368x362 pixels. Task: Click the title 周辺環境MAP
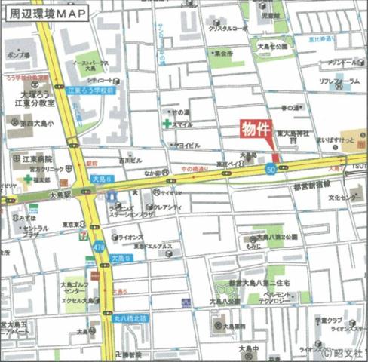pyautogui.click(x=44, y=14)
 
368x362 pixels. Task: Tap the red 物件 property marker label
pyautogui.click(x=255, y=129)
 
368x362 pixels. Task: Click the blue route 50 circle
pyautogui.click(x=270, y=169)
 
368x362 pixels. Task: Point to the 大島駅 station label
pyautogui.click(x=59, y=194)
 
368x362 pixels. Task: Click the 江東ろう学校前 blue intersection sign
pyautogui.click(x=90, y=90)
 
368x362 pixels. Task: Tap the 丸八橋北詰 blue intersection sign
pyautogui.click(x=130, y=318)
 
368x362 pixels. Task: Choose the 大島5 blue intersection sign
pyautogui.click(x=122, y=259)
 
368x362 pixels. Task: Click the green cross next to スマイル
pyautogui.click(x=166, y=123)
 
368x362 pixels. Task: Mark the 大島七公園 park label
pyautogui.click(x=272, y=46)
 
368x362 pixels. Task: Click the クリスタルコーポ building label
pyautogui.click(x=228, y=29)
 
